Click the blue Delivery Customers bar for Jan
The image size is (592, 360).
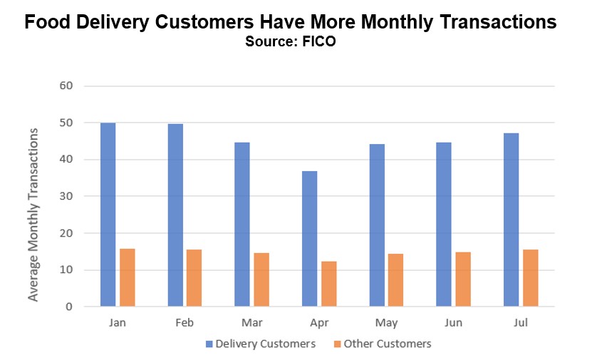click(108, 215)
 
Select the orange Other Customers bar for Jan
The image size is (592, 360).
click(128, 277)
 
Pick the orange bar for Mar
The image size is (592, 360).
click(261, 279)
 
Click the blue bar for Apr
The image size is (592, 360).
click(309, 239)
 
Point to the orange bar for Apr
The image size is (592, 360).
click(328, 284)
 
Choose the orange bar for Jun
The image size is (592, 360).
click(463, 279)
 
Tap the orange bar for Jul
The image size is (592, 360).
click(530, 278)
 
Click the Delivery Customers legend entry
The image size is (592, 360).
click(261, 344)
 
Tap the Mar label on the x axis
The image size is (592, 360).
click(252, 322)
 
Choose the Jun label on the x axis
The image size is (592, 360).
click(454, 322)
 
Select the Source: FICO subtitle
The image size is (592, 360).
click(290, 42)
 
